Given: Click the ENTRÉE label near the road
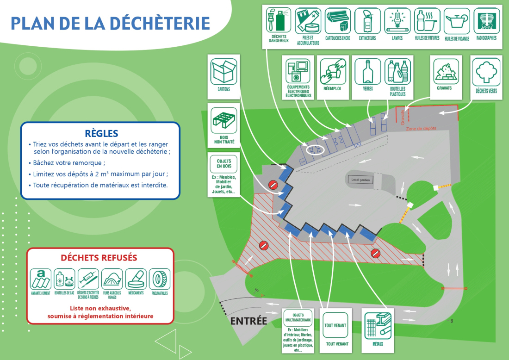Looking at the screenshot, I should click(x=248, y=321).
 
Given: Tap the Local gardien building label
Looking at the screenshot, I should click(x=361, y=180).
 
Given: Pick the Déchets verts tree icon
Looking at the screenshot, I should click(x=486, y=72).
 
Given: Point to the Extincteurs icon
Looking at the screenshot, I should click(x=367, y=20).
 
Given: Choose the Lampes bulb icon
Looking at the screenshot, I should click(x=397, y=20).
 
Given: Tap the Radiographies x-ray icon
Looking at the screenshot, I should click(x=486, y=20).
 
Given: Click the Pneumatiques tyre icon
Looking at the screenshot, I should click(x=160, y=279).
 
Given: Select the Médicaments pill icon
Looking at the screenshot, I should click(x=136, y=279).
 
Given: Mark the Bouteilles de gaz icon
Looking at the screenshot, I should click(x=64, y=279).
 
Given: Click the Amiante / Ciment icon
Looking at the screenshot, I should click(x=40, y=279).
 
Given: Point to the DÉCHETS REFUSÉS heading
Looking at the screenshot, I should click(x=99, y=258).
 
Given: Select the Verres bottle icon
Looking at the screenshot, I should click(x=368, y=72).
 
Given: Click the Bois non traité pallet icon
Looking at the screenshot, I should click(x=224, y=120).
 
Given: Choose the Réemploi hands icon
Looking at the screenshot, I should click(x=333, y=71).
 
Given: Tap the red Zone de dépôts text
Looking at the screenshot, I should click(x=421, y=128).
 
